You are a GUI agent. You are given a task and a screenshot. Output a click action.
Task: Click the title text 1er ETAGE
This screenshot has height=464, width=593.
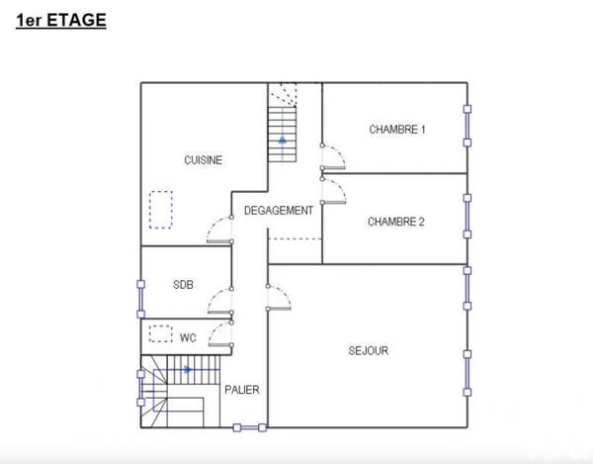pos(60,19)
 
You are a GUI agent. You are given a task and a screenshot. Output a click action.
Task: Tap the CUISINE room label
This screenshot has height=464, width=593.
pos(203,160)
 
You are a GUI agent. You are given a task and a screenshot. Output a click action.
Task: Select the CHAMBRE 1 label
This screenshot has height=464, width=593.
pos(397,129)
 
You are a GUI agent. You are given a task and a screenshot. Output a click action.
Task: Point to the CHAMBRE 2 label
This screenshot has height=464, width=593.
pos(395,222)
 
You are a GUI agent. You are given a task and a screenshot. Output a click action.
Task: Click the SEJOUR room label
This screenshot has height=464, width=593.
pos(369,350)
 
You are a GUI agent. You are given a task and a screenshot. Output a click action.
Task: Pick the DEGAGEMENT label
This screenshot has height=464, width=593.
pos(279,211)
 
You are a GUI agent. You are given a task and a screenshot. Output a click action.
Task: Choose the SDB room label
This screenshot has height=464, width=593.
pos(183,285)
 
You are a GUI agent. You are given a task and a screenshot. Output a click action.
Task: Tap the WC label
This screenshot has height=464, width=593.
pos(188,337)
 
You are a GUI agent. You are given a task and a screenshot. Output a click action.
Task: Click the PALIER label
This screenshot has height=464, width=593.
pos(241,390)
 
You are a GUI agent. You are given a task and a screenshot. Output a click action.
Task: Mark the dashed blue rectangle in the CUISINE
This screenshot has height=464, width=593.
pos(159,210)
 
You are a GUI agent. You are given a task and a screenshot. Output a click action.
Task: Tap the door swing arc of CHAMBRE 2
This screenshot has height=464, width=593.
pos(336,190)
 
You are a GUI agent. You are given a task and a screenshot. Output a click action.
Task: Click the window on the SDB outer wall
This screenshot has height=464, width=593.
pos(140,298)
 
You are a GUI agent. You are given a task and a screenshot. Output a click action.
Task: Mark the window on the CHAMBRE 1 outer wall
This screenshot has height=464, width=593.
pos(467,125)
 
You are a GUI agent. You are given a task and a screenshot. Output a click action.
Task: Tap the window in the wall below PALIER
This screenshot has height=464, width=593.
pos(250,427)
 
